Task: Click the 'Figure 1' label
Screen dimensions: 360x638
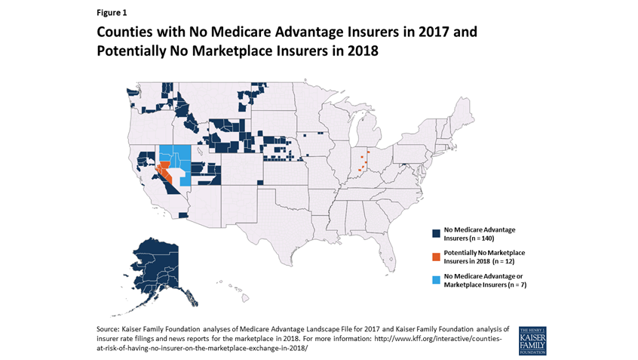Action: (112, 12)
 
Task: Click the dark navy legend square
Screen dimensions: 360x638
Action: (437, 232)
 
